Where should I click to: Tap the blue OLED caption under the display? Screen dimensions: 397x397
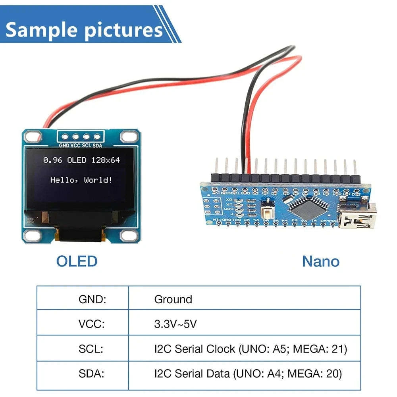click(x=77, y=261)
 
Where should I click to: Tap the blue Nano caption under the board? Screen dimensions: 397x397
click(x=320, y=261)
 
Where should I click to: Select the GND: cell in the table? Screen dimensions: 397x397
click(x=92, y=299)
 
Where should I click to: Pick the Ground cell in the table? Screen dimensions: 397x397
click(x=173, y=299)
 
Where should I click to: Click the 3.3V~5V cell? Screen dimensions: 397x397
click(x=175, y=324)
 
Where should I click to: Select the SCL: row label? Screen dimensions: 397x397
click(x=91, y=349)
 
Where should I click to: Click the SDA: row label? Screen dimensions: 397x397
click(x=91, y=374)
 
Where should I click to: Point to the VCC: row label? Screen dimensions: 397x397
click(x=91, y=324)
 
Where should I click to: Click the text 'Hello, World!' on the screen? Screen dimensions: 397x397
click(x=81, y=180)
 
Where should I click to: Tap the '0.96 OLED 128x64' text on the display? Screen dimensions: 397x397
click(x=81, y=160)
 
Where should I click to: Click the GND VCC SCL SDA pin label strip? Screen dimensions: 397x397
click(x=81, y=146)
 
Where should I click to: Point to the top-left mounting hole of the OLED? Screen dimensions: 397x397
click(x=31, y=137)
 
